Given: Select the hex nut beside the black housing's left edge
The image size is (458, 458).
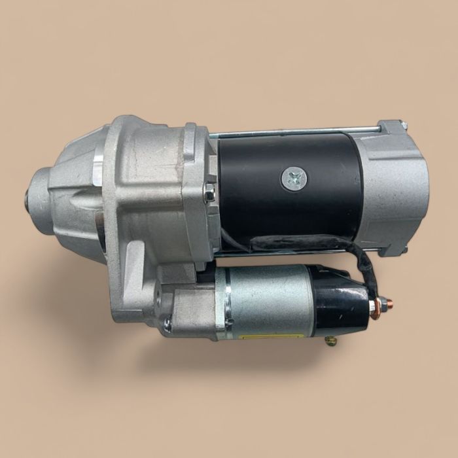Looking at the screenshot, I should (209, 193).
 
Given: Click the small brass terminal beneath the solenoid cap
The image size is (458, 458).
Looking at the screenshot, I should (331, 340).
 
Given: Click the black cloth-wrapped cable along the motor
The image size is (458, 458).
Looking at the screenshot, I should (308, 243).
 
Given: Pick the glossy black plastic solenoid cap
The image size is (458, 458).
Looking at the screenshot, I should (340, 304).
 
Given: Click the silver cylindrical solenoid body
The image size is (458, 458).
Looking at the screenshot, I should (268, 301).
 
